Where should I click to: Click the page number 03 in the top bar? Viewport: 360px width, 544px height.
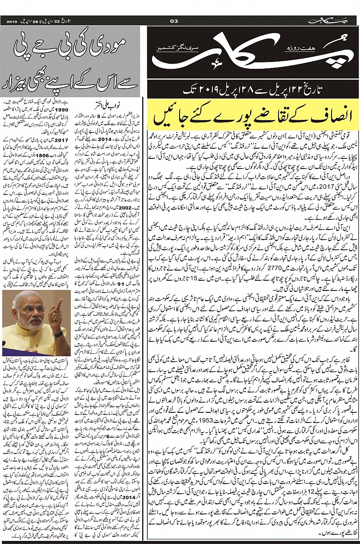173,21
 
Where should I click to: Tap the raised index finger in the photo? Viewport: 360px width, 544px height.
59,305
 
